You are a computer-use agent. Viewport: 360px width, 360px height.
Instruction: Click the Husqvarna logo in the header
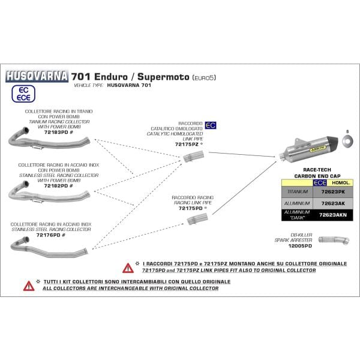coord(37,77)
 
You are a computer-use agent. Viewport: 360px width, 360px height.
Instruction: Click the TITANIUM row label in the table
coord(298,191)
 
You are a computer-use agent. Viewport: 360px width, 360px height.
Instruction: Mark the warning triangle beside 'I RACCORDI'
coord(128,268)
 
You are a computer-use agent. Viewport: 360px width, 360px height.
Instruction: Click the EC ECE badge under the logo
coord(22,93)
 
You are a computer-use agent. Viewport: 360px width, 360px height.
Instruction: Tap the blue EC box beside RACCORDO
coord(211,125)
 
